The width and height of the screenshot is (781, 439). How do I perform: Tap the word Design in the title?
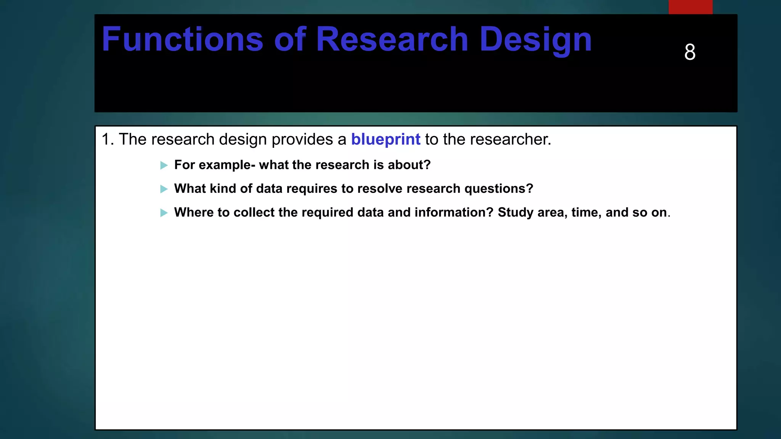pos(535,40)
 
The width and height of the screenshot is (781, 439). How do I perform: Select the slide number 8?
pos(690,52)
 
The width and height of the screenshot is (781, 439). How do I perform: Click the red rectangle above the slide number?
pos(690,7)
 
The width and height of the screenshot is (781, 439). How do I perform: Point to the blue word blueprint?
pos(386,140)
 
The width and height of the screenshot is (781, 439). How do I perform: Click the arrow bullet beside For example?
pos(164,165)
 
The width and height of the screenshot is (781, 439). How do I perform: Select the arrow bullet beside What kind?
pos(164,189)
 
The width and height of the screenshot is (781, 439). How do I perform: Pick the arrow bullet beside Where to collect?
pos(164,213)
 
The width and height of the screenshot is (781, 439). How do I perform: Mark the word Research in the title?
pos(392,39)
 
